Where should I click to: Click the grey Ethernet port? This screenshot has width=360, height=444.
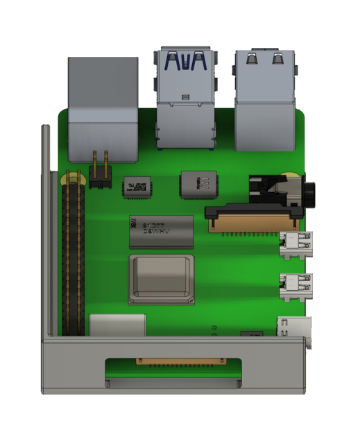(x=103, y=104)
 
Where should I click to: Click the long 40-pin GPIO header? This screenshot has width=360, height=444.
(x=76, y=257)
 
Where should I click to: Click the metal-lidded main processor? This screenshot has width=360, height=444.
(x=161, y=280)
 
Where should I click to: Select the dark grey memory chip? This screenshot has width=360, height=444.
(x=161, y=232)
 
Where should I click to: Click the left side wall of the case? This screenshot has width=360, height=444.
(x=45, y=229)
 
